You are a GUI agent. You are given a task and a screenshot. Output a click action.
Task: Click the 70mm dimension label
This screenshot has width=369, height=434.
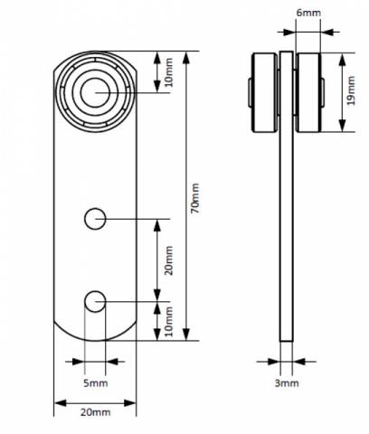tap(195, 198)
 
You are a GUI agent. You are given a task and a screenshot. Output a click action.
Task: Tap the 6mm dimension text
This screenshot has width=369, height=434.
tap(308, 13)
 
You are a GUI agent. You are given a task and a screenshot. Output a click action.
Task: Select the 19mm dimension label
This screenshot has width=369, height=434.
tap(351, 90)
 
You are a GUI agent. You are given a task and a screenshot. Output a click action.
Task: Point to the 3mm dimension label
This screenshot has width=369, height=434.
tap(287, 383)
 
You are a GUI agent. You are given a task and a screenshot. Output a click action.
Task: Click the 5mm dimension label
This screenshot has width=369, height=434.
tap(95, 383)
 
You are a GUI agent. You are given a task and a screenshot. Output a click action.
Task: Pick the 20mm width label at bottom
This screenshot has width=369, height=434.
tap(95, 412)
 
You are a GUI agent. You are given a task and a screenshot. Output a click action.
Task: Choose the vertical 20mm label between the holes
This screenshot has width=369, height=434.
tap(169, 260)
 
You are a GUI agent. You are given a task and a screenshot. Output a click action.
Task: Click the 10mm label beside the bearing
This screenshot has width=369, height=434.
tap(169, 72)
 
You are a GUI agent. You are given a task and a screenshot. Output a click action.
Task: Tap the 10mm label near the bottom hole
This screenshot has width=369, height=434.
tap(169, 321)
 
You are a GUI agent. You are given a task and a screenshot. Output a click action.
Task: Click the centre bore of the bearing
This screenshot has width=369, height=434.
tap(95, 93)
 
